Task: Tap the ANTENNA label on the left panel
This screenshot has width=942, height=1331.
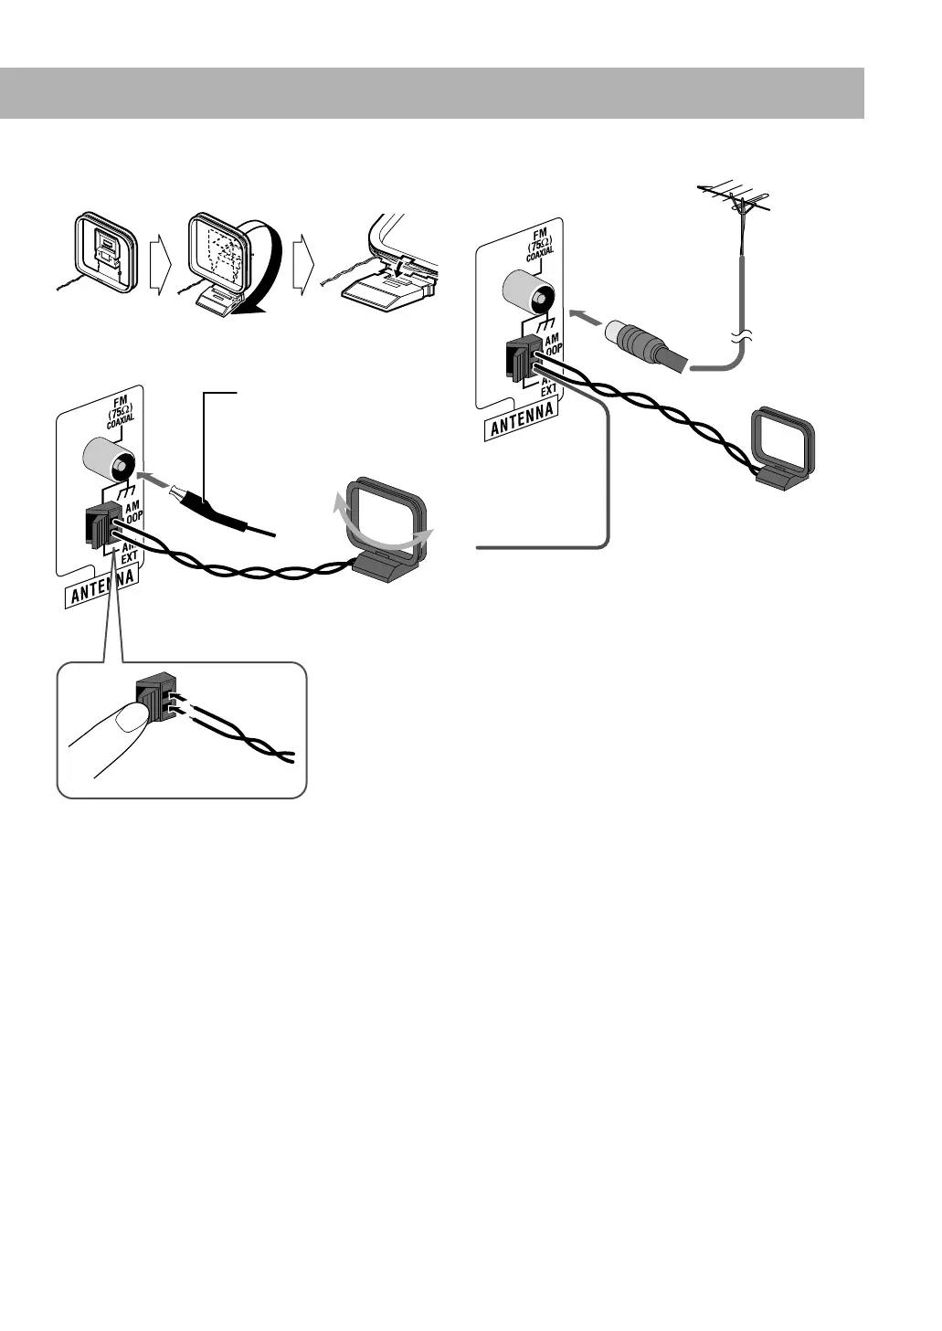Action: (103, 589)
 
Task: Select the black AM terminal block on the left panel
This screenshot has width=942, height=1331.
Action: (100, 526)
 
